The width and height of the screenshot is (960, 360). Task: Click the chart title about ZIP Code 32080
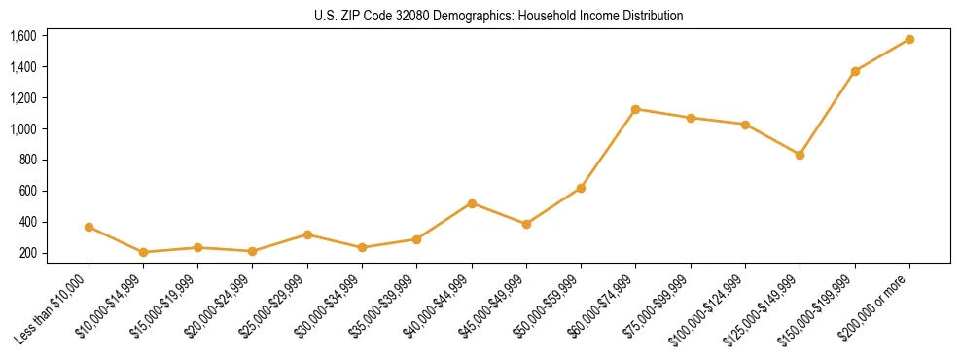pos(499,16)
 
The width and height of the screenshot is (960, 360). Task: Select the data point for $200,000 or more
pos(909,39)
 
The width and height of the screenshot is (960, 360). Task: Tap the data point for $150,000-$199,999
pos(855,71)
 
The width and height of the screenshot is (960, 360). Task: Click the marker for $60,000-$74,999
pos(636,109)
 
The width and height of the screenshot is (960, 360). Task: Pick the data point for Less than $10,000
pos(89,227)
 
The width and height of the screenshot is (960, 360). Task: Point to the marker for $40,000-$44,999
pos(472,203)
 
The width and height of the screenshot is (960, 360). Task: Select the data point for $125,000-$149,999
pos(800,155)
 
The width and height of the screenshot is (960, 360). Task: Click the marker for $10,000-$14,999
pos(143,252)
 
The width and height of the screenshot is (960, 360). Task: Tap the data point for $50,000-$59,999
pos(581,188)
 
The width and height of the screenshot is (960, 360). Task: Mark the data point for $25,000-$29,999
pos(307,234)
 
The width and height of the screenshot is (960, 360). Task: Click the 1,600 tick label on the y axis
pos(22,36)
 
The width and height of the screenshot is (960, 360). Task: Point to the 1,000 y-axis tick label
pos(22,129)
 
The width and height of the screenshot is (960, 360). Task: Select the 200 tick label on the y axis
pos(26,253)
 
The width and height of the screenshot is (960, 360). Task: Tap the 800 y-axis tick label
pos(26,161)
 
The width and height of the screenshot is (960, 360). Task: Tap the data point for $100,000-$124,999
pos(745,125)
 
